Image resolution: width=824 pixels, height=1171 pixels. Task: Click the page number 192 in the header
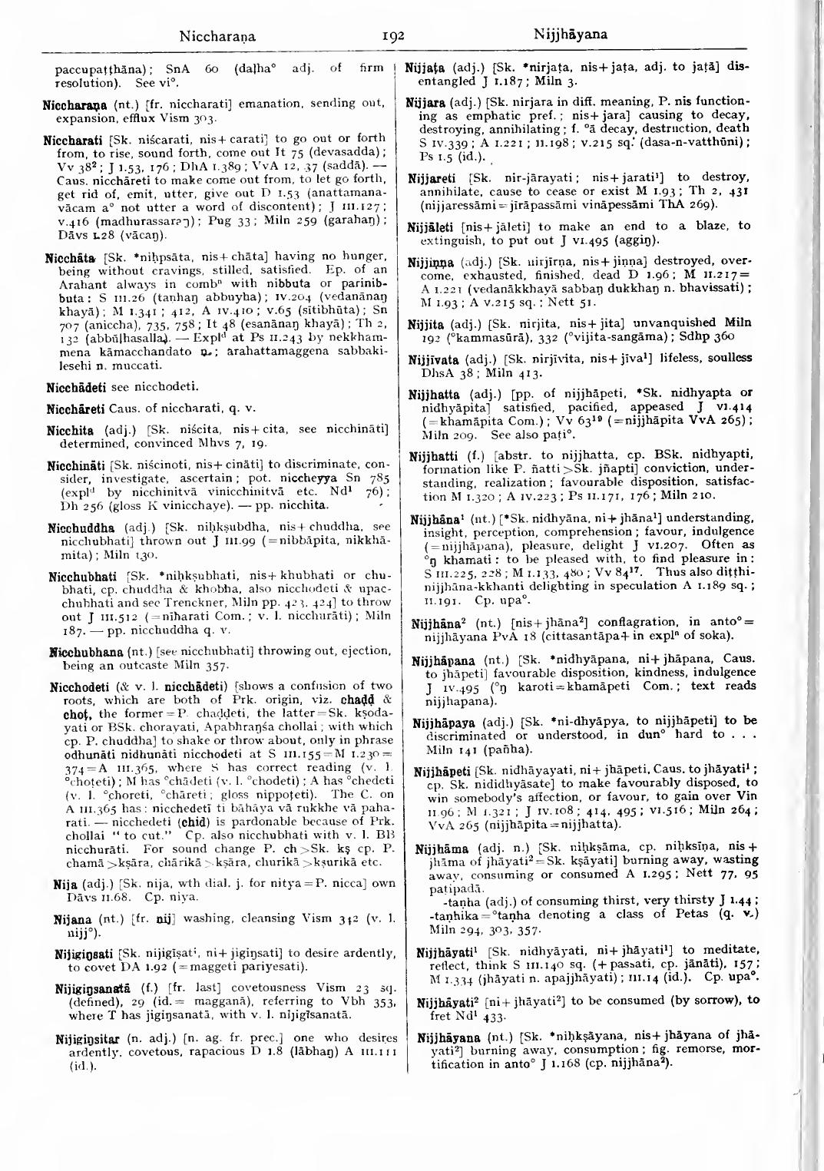(x=392, y=35)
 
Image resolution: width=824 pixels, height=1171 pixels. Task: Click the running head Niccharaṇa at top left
(x=217, y=35)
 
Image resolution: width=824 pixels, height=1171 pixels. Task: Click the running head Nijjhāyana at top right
(x=570, y=35)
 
